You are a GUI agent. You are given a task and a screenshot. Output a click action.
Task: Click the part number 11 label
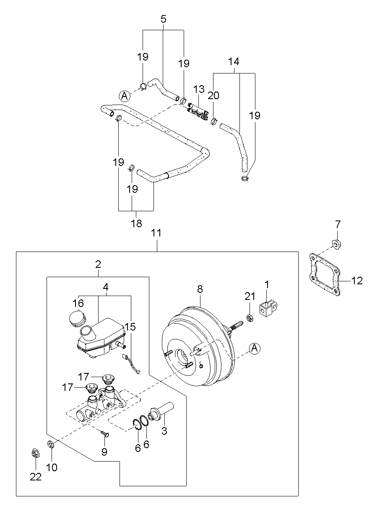click(x=156, y=233)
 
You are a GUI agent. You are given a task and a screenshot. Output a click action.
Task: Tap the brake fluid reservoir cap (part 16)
click(x=77, y=318)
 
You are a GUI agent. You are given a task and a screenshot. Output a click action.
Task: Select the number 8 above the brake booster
click(x=200, y=289)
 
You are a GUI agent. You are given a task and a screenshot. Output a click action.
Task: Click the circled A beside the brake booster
click(x=255, y=348)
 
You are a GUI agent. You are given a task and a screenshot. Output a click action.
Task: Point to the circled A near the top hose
click(x=125, y=96)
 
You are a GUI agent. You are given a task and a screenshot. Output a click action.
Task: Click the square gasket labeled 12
click(x=325, y=275)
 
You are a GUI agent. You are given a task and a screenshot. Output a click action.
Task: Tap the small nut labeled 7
click(x=337, y=244)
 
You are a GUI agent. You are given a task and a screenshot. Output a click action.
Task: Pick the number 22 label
click(x=36, y=477)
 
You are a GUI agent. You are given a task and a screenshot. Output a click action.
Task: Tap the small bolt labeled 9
click(x=105, y=433)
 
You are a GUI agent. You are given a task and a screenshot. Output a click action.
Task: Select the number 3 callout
click(x=164, y=430)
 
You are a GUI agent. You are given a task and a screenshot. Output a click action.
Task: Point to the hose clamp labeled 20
click(x=214, y=121)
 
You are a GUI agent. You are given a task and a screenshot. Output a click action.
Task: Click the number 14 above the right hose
click(x=234, y=62)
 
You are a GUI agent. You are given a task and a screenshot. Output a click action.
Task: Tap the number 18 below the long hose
click(x=136, y=223)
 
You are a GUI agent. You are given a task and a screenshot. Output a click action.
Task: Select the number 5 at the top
click(x=164, y=19)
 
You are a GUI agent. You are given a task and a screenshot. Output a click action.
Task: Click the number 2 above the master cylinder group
click(x=98, y=264)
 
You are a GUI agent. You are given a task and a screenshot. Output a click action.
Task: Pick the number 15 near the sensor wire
click(x=130, y=327)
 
